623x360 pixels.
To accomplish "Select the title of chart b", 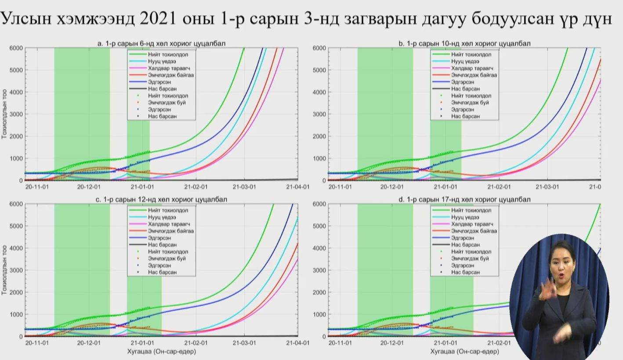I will (x=464, y=43).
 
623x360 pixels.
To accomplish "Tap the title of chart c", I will (x=161, y=199).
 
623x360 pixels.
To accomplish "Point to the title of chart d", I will (x=464, y=199).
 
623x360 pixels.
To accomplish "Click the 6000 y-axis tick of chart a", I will (x=15, y=48).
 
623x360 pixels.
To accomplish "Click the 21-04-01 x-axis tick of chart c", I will (x=298, y=343).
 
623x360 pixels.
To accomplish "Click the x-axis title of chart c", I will (x=162, y=352).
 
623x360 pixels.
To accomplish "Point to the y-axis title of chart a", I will (x=4, y=114).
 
